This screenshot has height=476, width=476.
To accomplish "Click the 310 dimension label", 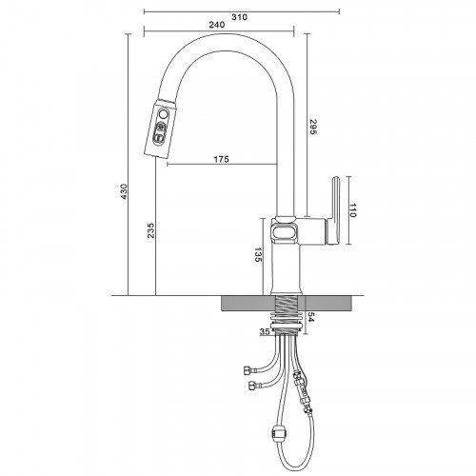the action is [239, 17].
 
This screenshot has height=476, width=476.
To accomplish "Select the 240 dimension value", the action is [217, 25].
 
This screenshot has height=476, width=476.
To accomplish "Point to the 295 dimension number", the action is [313, 127].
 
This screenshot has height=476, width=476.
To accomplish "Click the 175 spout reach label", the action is [221, 159].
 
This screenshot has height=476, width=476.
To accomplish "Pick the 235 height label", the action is [150, 230].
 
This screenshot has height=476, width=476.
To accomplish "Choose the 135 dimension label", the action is [258, 254].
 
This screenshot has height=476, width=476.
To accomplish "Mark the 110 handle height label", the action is [353, 210].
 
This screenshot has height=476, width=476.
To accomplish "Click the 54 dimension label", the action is [310, 317].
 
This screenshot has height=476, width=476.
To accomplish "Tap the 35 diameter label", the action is [265, 331].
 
